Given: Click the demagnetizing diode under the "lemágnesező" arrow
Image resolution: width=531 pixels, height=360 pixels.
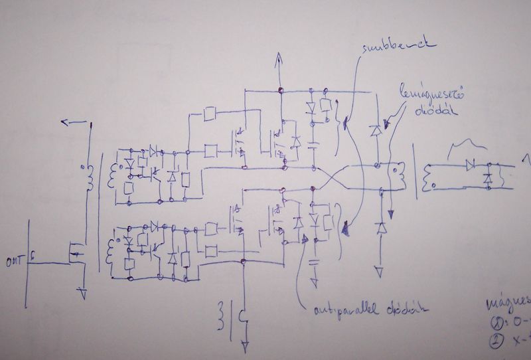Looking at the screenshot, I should point(376,130).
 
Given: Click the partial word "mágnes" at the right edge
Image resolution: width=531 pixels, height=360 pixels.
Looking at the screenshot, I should point(508,303).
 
